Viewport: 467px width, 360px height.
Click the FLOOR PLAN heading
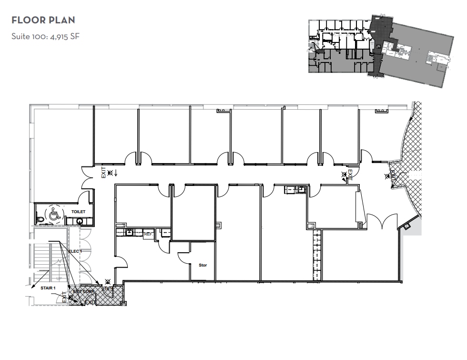pyautogui.click(x=43, y=21)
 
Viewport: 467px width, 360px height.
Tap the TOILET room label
pyautogui.click(x=78, y=211)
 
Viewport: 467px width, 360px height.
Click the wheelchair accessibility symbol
pyautogui.click(x=54, y=215)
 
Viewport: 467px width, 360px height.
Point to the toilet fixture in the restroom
pyautogui.click(x=41, y=219)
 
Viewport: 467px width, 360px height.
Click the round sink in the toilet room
pyautogui.click(x=80, y=220)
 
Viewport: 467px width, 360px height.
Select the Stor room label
pyautogui.click(x=203, y=265)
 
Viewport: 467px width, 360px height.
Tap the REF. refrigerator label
pyautogui.click(x=148, y=234)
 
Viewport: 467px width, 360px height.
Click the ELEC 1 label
pyautogui.click(x=75, y=251)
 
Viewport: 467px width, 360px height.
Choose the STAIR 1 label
pyautogui.click(x=48, y=288)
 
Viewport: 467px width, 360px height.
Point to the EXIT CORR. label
pyautogui.click(x=84, y=291)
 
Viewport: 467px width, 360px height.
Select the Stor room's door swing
pyautogui.click(x=184, y=257)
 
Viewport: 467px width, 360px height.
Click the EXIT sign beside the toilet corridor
pyautogui.click(x=103, y=173)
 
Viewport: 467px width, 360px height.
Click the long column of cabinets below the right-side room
pyautogui.click(x=315, y=257)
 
